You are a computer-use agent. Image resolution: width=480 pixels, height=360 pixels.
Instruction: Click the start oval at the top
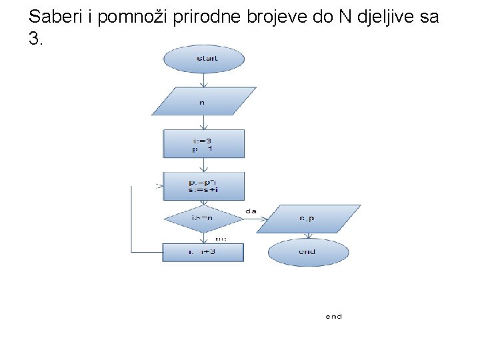pyautogui.click(x=203, y=59)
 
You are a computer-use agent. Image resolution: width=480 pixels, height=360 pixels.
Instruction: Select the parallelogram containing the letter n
pyautogui.click(x=203, y=101)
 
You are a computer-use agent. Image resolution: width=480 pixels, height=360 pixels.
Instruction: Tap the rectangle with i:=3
pyautogui.click(x=203, y=143)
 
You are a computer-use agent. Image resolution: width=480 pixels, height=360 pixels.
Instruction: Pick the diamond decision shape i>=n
pyautogui.click(x=203, y=218)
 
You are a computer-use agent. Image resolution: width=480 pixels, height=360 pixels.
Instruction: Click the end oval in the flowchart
pyautogui.click(x=308, y=252)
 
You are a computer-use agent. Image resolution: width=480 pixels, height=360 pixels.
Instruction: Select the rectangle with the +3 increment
pyautogui.click(x=203, y=252)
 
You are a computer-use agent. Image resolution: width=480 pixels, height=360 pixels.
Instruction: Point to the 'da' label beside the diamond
pyautogui.click(x=251, y=211)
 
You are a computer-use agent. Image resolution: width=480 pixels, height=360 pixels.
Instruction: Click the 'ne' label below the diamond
pyautogui.click(x=221, y=238)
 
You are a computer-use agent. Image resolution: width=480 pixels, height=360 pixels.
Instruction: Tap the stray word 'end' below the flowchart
pyautogui.click(x=333, y=317)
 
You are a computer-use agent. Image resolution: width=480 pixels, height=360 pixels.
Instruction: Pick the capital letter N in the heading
pyautogui.click(x=344, y=17)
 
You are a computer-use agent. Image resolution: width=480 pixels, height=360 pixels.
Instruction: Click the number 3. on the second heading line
pyautogui.click(x=36, y=39)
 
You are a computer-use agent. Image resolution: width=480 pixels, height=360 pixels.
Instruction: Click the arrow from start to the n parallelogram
pyautogui.click(x=203, y=79)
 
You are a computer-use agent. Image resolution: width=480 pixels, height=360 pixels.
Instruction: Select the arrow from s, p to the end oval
pyautogui.click(x=308, y=235)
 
